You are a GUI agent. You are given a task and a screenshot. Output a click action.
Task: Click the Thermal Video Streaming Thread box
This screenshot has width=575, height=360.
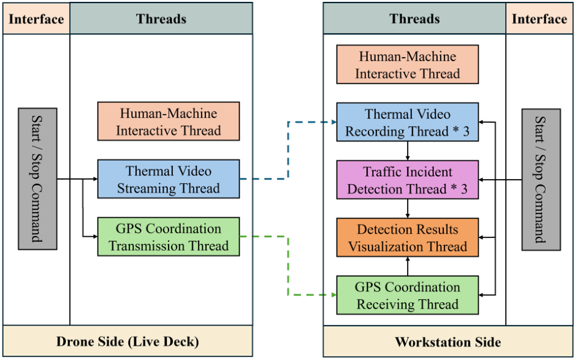[168, 180]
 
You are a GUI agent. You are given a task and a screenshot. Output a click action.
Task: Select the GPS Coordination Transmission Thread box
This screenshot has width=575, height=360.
[168, 237]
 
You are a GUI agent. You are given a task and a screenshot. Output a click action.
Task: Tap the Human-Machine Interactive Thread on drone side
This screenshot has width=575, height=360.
[168, 122]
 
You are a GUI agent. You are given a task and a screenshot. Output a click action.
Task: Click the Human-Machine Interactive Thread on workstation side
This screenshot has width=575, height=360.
[407, 65]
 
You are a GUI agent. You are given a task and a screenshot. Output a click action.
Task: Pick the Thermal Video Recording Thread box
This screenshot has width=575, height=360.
[407, 123]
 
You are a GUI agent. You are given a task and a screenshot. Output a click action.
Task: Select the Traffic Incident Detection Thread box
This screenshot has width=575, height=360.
[407, 180]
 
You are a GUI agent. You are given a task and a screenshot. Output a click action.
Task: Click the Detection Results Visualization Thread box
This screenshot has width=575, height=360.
[407, 238]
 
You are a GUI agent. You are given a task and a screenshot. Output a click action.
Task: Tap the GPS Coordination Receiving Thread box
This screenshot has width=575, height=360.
[407, 296]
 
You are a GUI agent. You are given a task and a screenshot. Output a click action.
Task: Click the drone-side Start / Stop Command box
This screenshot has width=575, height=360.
[37, 179]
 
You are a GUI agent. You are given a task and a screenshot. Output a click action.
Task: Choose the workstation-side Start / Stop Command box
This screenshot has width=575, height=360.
[541, 180]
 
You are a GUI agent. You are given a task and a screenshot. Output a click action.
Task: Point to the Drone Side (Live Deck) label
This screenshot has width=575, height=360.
[128, 342]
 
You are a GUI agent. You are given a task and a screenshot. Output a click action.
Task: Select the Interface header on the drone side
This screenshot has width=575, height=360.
[36, 19]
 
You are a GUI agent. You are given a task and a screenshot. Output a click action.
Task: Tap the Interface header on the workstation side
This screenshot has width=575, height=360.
[539, 19]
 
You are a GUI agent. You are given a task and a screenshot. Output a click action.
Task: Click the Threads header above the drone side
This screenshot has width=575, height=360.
[161, 19]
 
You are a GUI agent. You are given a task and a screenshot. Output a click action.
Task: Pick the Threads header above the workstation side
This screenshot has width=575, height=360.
[414, 19]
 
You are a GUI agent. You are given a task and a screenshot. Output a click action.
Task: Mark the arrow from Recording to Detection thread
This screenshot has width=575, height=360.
[408, 151]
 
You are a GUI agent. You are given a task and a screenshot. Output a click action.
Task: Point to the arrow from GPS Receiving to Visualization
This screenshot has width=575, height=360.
[408, 267]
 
